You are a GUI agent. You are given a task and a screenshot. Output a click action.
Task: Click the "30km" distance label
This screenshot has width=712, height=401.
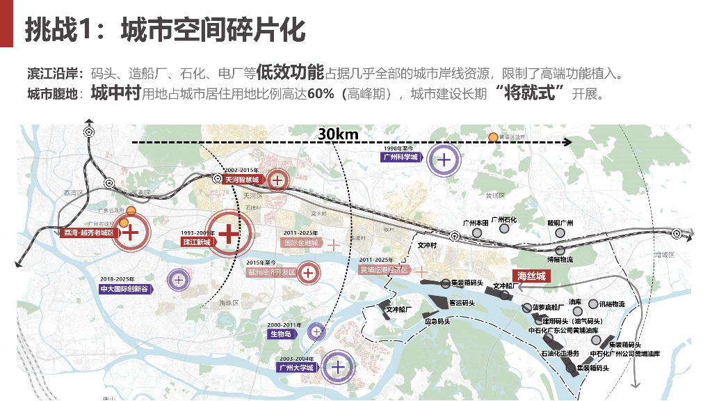(337, 134)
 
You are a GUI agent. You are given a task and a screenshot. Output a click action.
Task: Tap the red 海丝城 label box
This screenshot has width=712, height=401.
(531, 276)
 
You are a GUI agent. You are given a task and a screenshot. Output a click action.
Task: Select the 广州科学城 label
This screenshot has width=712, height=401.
(401, 157)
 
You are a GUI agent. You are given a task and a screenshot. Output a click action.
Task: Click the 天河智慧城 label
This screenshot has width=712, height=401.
(244, 180)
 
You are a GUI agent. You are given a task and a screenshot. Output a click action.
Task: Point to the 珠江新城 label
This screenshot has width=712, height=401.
(197, 242)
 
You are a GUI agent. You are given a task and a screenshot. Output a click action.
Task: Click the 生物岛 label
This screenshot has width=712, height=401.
(281, 334)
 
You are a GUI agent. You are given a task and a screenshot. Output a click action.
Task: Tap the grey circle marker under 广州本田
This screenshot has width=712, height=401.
(477, 233)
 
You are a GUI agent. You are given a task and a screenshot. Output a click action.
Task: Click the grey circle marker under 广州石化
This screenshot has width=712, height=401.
(505, 230)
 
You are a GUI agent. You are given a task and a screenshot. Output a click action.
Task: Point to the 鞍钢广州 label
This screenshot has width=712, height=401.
(560, 223)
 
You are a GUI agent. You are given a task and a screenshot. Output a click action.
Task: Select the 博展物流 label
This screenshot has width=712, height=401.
(560, 260)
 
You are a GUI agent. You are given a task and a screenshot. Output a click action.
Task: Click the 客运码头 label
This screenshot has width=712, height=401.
(462, 303)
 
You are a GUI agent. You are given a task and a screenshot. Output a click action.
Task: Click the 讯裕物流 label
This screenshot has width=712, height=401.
(612, 304)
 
